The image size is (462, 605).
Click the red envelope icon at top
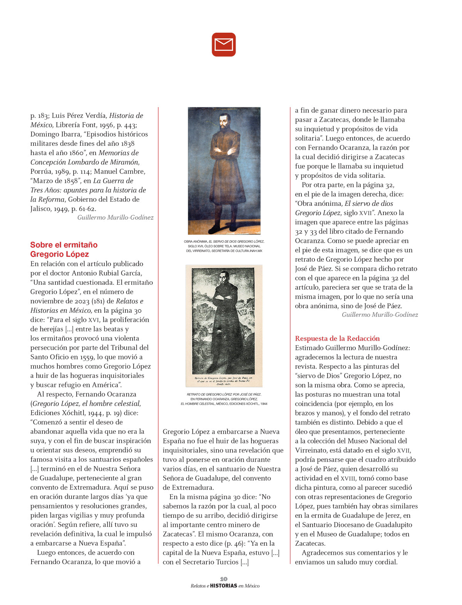point(224,45)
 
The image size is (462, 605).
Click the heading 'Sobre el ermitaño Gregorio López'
point(64,249)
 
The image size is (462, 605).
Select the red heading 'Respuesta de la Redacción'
point(337,338)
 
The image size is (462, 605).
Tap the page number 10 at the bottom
point(224,579)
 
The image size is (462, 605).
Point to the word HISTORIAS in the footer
point(224,586)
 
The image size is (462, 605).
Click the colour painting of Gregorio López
point(224,171)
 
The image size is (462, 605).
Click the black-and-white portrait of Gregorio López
point(224,326)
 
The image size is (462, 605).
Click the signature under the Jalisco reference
point(115,217)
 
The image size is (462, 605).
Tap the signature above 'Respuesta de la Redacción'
point(380,314)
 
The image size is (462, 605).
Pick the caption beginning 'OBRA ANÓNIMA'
point(224,246)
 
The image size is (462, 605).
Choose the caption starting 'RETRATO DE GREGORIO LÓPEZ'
point(224,399)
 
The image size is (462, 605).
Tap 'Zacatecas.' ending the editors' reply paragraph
point(310,543)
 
